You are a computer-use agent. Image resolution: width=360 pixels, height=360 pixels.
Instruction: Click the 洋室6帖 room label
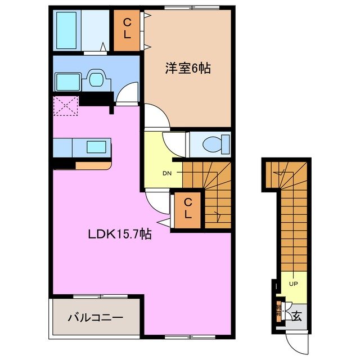tap(187, 69)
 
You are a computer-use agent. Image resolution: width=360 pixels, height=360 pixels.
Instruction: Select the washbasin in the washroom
tap(94, 80)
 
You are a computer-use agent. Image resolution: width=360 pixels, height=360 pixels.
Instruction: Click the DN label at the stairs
tap(167, 173)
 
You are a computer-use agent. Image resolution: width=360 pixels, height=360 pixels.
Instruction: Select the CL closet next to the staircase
tap(187, 210)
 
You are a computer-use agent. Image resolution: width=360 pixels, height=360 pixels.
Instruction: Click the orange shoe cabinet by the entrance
tap(279, 310)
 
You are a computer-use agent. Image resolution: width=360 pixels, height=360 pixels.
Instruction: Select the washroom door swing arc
tap(128, 93)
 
